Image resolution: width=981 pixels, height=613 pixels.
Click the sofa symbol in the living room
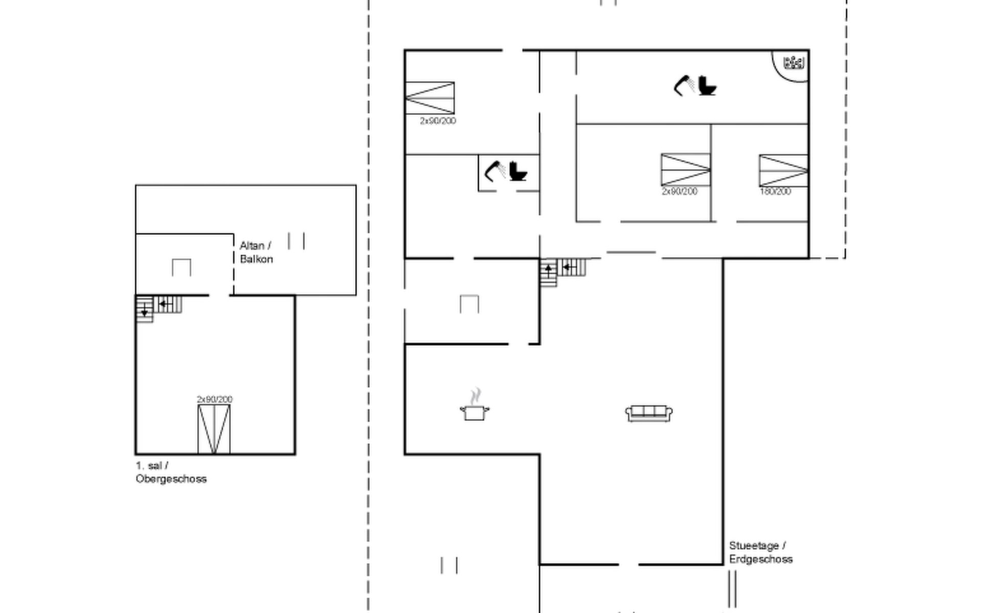649,413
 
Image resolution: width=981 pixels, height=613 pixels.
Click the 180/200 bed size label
775,192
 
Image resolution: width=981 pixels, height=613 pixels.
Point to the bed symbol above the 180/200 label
783,171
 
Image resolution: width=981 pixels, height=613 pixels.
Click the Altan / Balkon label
256,252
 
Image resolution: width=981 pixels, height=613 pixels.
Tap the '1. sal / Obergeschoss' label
171,473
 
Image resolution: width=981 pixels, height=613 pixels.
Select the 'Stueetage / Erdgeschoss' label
761,553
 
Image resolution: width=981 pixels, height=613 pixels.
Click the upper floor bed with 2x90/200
214,429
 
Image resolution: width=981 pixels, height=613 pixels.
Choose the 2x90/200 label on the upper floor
215,399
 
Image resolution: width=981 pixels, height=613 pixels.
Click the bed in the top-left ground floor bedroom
430,98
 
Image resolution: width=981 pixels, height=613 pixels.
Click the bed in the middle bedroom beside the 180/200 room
686,170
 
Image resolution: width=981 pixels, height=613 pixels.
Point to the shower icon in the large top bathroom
685,85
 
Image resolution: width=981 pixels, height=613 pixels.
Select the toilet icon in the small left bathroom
518,171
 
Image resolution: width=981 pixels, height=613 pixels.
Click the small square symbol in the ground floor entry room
469,304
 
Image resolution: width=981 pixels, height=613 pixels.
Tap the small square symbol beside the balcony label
181,268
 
